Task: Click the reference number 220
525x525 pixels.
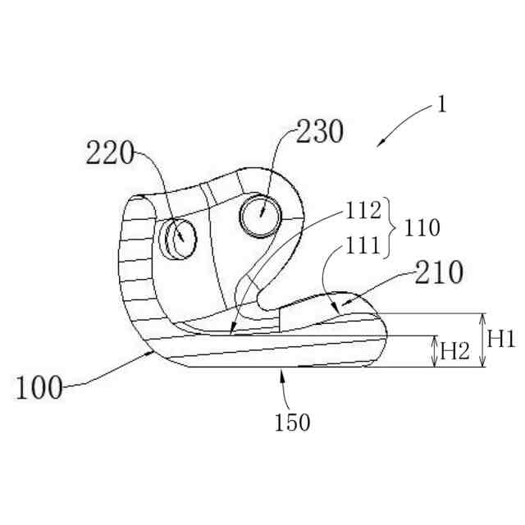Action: (x=110, y=153)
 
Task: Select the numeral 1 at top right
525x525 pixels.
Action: (x=442, y=105)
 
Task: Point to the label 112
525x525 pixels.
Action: (x=363, y=212)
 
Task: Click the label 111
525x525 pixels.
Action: (x=362, y=244)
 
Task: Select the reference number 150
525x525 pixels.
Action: (x=293, y=423)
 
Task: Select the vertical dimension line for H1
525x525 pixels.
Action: (x=484, y=340)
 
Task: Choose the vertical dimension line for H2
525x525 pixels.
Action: (x=436, y=351)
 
